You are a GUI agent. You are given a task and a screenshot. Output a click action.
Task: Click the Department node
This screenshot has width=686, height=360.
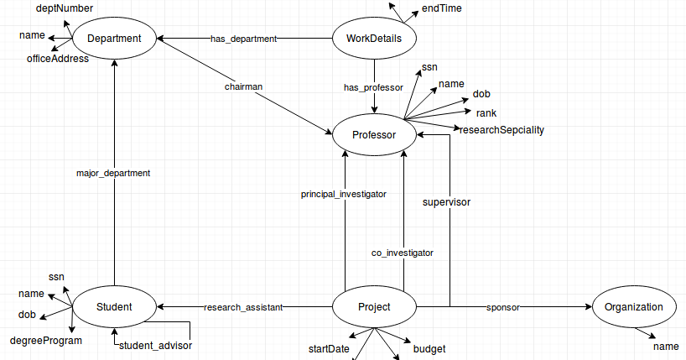[114, 39]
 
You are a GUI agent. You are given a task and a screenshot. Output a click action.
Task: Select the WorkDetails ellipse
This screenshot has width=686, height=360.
[374, 39]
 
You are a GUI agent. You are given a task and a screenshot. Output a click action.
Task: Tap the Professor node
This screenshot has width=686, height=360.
[374, 134]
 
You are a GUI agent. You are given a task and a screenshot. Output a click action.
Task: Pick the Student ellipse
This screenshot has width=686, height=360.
[114, 307]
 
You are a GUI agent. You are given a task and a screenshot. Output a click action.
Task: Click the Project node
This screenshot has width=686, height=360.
[374, 307]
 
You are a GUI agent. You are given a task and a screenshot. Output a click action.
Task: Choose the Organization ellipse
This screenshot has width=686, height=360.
[634, 307]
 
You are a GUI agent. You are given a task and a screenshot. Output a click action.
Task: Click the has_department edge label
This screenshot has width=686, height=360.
[243, 39]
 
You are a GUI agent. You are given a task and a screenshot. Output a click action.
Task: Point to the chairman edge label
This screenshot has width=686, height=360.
[243, 86]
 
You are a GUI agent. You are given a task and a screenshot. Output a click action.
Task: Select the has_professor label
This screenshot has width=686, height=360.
[374, 87]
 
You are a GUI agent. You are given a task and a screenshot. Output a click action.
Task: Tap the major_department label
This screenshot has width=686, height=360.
[113, 173]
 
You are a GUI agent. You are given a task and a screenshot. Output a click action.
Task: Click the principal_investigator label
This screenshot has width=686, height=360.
[344, 194]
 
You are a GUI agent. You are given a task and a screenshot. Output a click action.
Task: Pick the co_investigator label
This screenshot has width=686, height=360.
[403, 252]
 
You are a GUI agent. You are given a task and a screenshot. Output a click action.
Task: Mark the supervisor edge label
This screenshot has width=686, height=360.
[446, 202]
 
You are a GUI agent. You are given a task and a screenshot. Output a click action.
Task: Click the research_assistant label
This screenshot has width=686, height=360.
[243, 307]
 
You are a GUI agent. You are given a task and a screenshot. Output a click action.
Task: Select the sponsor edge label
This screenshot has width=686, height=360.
[502, 307]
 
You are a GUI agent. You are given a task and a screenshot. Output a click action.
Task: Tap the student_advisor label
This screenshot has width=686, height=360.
[155, 345]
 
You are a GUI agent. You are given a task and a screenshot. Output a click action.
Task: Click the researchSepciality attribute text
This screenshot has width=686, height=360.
[502, 130]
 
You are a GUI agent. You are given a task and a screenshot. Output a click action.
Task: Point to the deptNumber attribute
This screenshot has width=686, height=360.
[65, 8]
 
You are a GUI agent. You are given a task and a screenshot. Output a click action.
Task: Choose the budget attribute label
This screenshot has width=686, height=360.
[429, 349]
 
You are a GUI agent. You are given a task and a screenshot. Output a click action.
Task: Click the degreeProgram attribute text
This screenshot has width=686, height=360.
[46, 341]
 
